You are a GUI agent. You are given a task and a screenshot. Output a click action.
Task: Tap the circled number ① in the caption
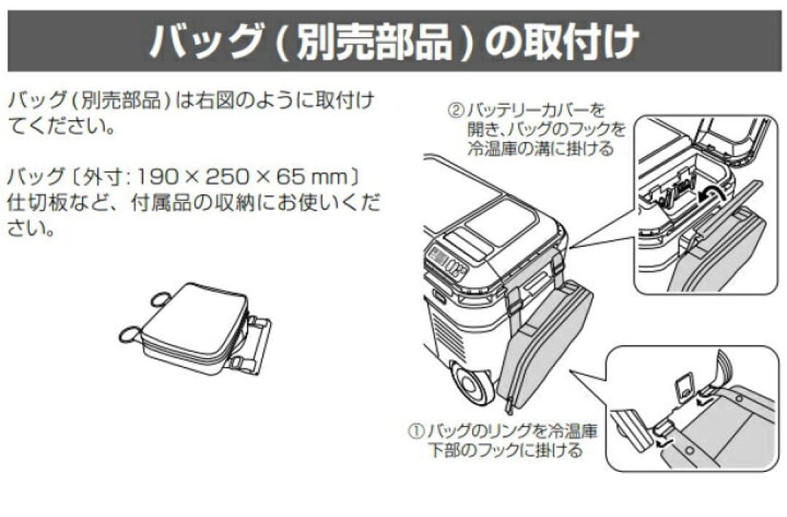[x=415, y=430]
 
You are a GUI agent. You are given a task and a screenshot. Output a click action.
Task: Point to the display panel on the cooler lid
[x=443, y=258]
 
